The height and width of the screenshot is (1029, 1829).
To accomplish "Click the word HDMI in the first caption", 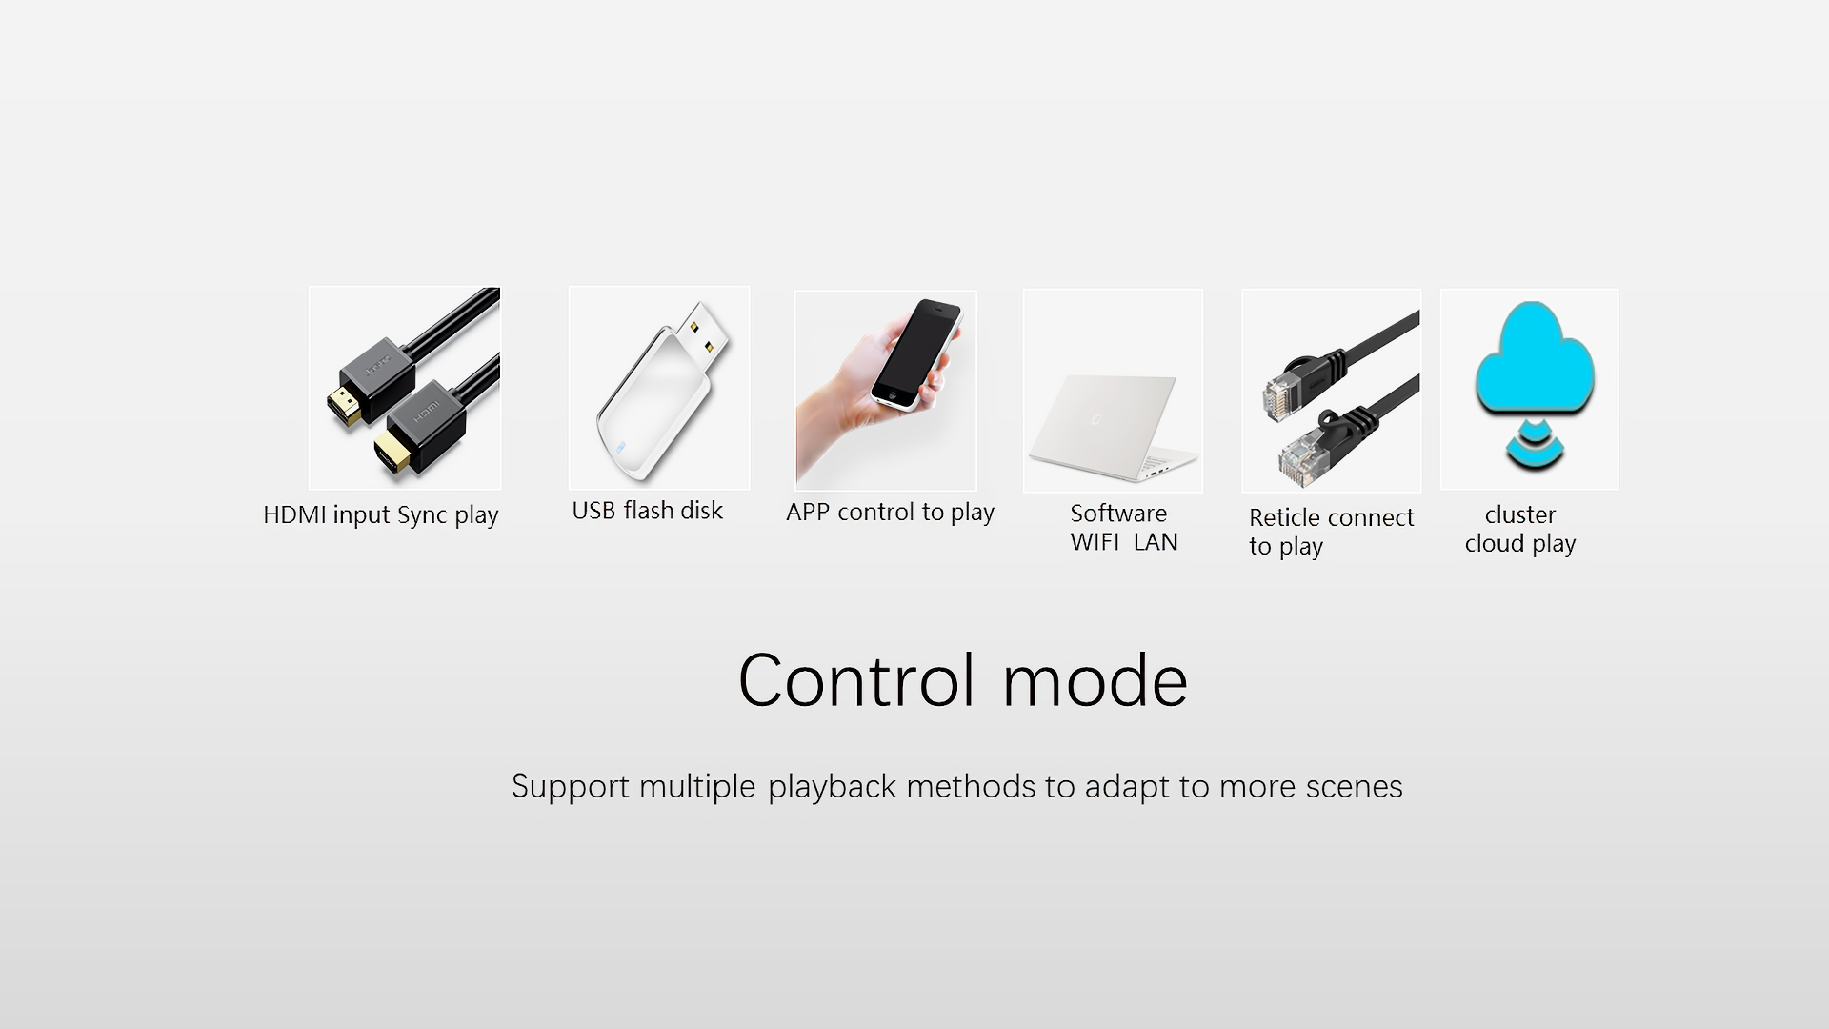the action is click(294, 514).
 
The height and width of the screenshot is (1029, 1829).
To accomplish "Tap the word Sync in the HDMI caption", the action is click(422, 516).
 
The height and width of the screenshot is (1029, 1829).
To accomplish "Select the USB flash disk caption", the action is click(648, 511).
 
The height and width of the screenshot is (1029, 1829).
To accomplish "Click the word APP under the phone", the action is click(808, 512).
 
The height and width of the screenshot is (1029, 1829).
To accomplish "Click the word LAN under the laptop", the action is click(1156, 542).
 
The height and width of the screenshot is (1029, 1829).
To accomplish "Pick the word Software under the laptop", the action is click(1118, 514).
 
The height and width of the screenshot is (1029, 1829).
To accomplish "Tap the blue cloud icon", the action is click(1534, 359).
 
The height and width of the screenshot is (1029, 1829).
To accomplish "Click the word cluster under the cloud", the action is click(1520, 514).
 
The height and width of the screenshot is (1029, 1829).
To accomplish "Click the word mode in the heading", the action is click(1095, 682).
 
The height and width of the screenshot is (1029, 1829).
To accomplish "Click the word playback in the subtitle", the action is click(833, 787).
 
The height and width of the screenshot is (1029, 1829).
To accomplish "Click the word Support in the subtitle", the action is click(571, 788).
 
